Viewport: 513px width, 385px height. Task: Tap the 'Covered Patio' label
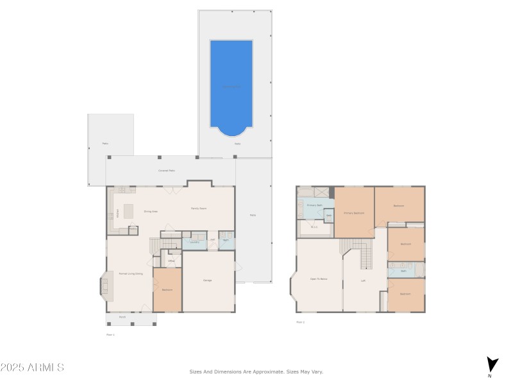[x=167, y=171]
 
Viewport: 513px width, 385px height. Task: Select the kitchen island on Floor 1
[x=128, y=211]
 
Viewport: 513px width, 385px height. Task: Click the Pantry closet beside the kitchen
[x=133, y=230]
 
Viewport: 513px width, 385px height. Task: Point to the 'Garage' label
[x=208, y=280]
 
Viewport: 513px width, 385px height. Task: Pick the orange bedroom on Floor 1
[x=167, y=290]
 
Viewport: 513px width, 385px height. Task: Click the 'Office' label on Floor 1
[x=171, y=261]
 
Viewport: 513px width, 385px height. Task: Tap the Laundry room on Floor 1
[x=194, y=242]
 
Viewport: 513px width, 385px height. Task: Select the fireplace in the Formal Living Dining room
[x=105, y=286]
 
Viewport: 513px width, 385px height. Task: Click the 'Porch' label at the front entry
[x=122, y=317]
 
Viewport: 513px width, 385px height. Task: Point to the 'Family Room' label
[x=198, y=209]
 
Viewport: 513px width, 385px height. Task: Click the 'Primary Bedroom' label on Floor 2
[x=354, y=212]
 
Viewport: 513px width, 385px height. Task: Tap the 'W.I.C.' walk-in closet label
[x=314, y=227]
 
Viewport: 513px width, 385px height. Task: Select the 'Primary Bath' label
[x=314, y=205]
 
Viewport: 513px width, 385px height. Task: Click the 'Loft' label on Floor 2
[x=363, y=280]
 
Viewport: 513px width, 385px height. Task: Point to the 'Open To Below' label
[x=319, y=280]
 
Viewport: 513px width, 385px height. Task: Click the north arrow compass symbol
[x=491, y=364]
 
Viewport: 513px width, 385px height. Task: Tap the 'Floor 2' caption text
[x=300, y=322]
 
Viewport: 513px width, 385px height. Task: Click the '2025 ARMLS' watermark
[x=32, y=368]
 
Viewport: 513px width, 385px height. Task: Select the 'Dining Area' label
[x=151, y=211]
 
